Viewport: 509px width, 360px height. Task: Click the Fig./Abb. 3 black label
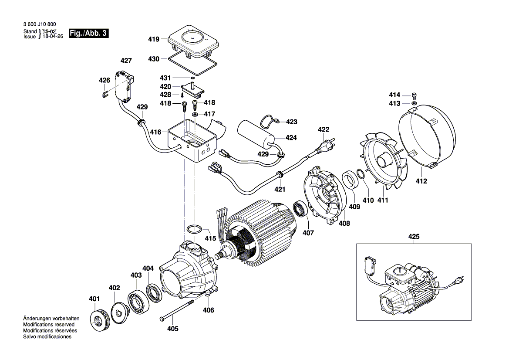[x=88, y=34]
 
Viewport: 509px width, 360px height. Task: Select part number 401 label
[x=94, y=299]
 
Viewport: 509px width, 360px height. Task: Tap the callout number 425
[x=414, y=237]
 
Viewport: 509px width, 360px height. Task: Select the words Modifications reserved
[x=49, y=325]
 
